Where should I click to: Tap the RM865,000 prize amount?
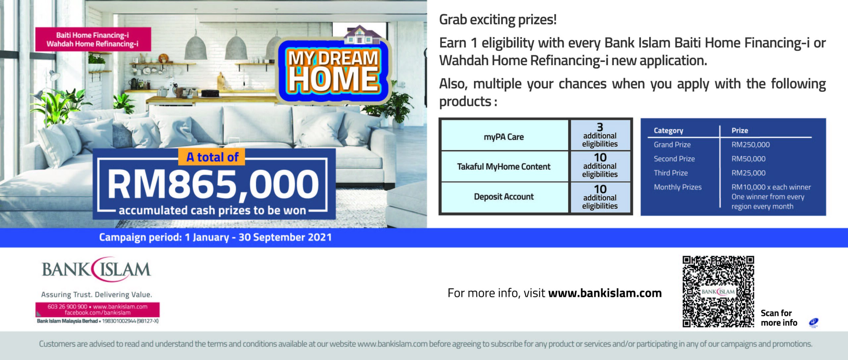213,184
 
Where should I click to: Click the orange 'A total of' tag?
212,157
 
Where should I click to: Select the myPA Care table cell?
504,136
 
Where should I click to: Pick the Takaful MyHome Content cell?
504,166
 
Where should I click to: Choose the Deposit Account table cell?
504,197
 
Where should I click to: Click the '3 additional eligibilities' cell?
600,135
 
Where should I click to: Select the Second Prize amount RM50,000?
749,159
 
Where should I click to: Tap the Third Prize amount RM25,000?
749,173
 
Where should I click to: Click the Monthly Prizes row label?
678,187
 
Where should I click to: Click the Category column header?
668,130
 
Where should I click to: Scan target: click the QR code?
718,291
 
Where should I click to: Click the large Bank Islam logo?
96,269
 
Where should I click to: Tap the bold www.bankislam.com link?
605,293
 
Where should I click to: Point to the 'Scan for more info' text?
779,318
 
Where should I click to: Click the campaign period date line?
215,237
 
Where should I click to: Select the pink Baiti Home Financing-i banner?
93,39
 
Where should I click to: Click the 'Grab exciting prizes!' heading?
498,20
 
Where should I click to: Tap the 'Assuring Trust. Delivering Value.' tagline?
96,294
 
